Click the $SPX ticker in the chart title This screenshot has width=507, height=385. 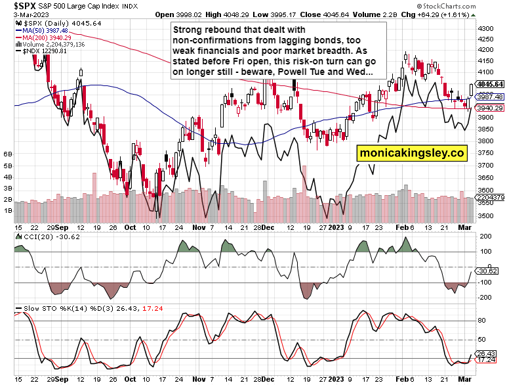coord(19,5)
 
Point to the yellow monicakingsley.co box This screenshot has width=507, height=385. coord(411,153)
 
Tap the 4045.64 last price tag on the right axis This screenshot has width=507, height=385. coord(491,84)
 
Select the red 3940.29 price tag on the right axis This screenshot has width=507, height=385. coord(491,108)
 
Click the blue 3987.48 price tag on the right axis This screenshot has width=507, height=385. coord(491,97)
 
